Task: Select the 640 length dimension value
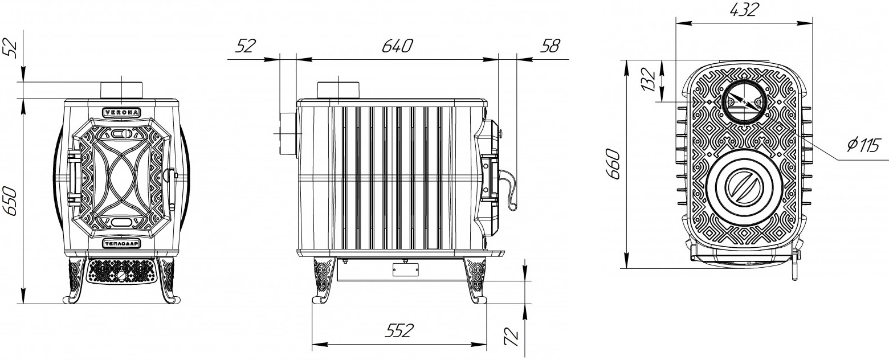pos(397,46)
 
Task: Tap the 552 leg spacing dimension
pos(399,330)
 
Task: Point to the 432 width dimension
pos(744,10)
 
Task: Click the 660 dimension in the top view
pos(613,164)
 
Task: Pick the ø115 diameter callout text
pos(863,145)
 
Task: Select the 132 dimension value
pos(647,80)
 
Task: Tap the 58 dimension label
pos(550,46)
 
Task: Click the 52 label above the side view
pos(246,46)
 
